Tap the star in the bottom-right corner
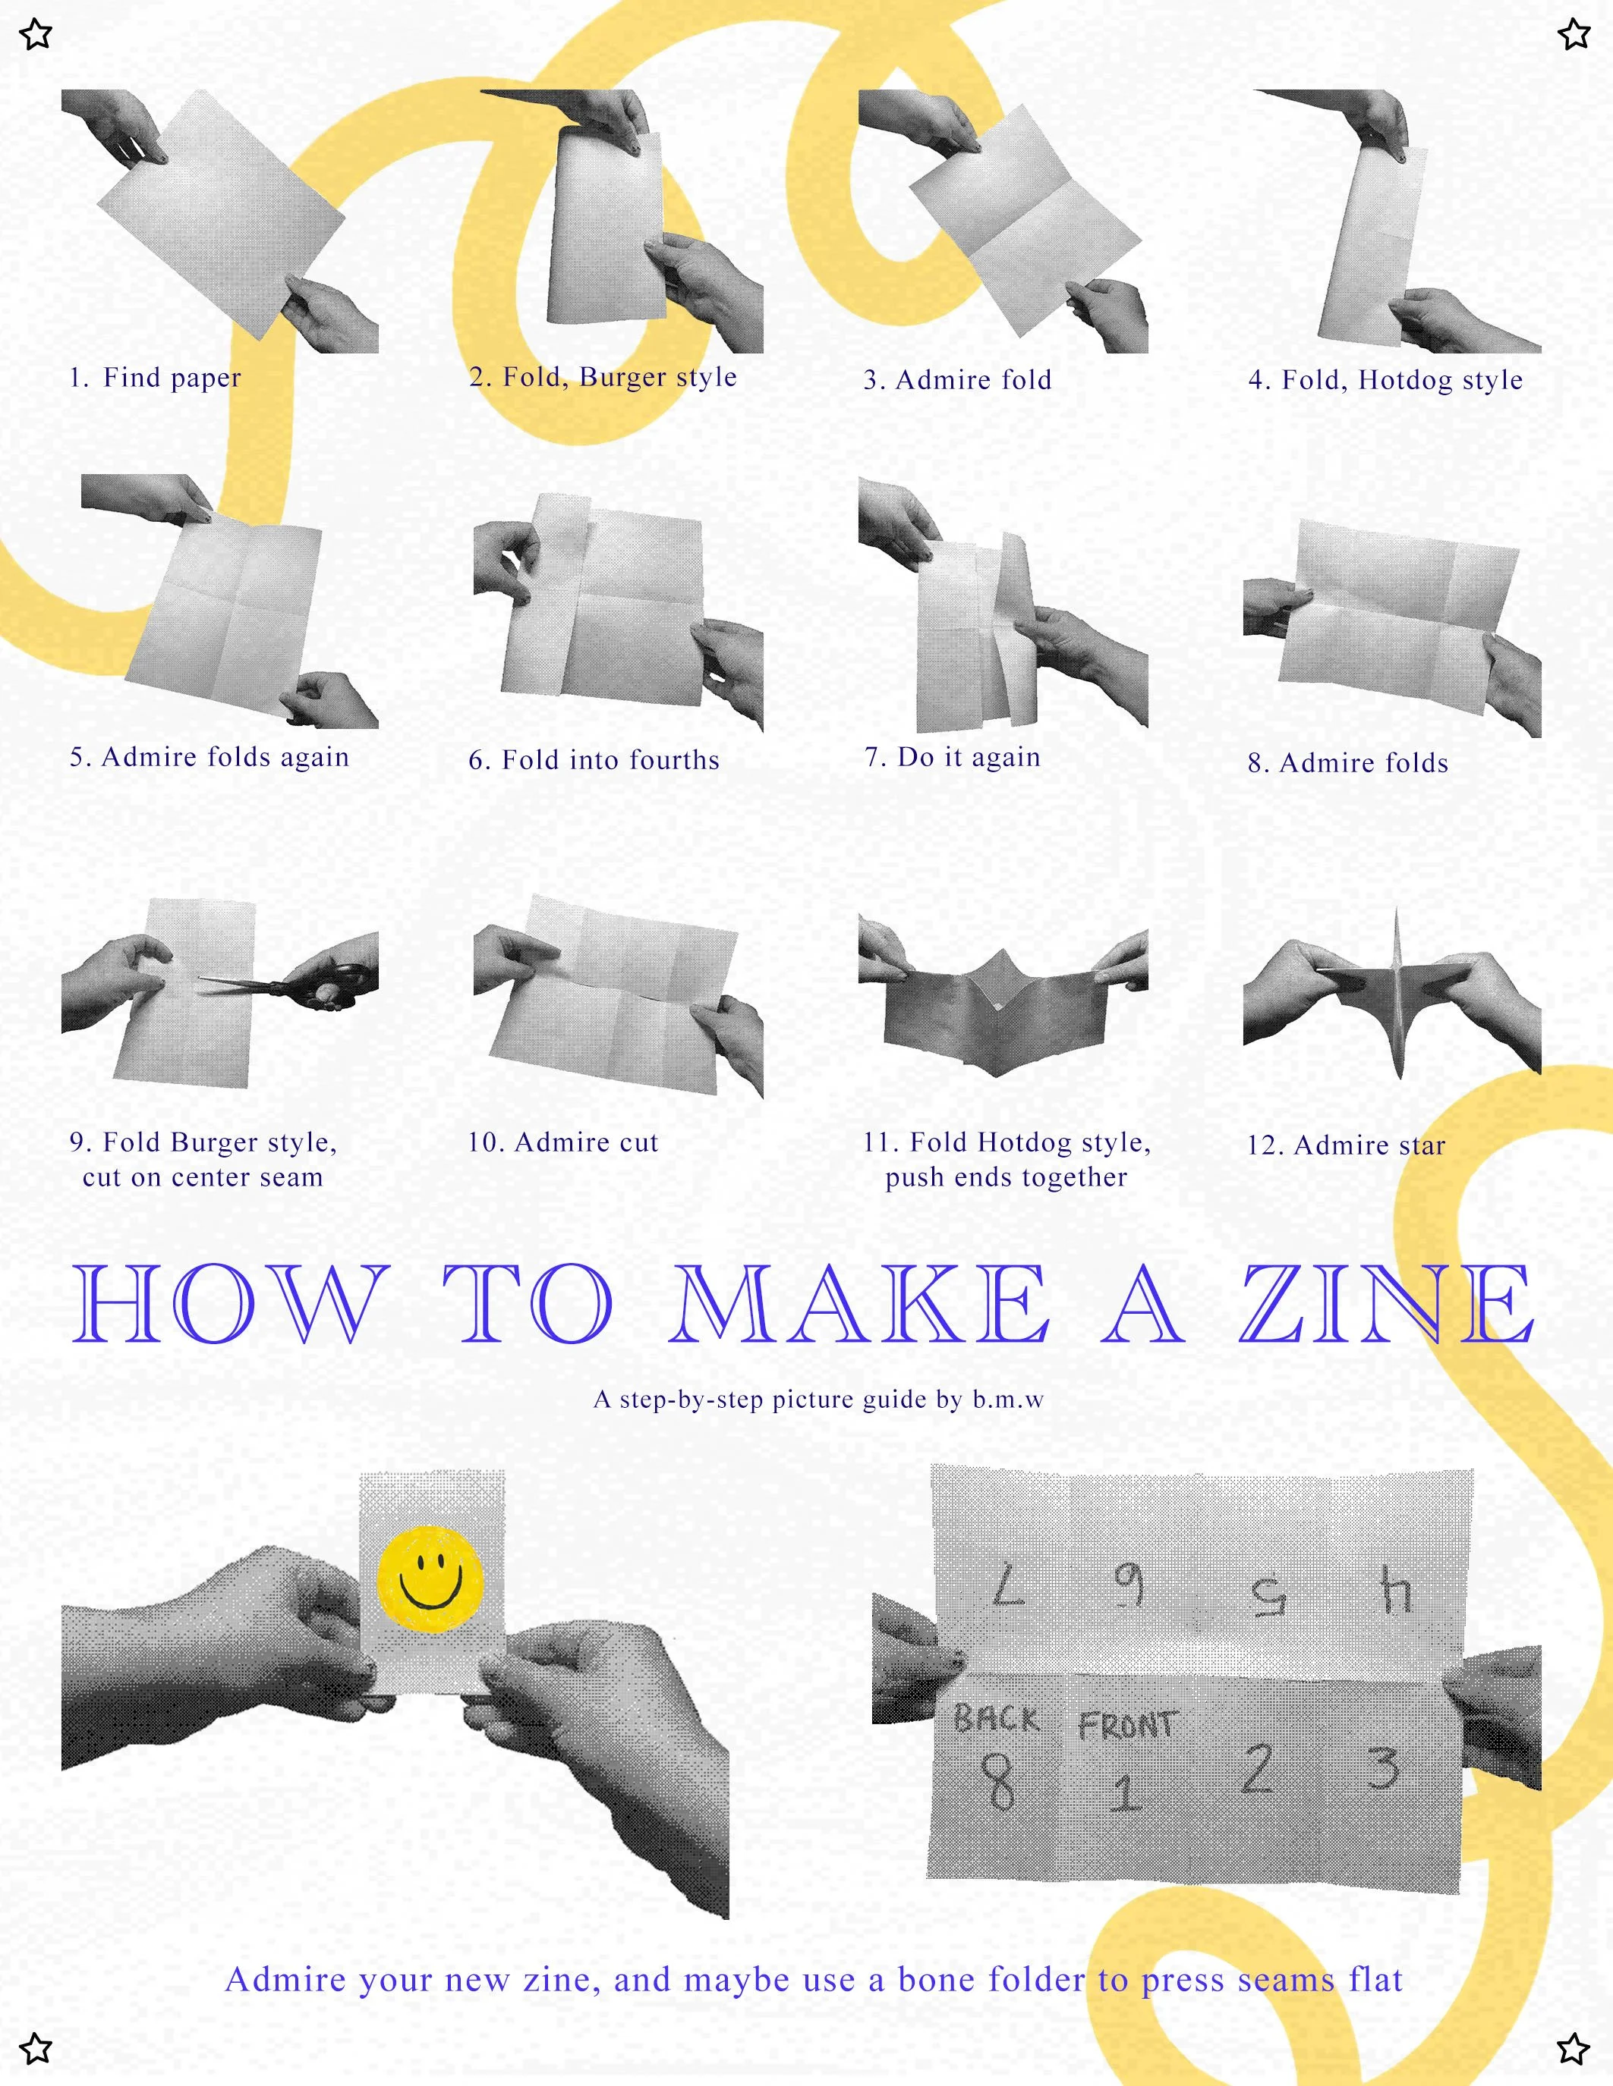(x=1574, y=2049)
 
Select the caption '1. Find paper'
(x=155, y=379)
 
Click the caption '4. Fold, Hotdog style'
(x=1385, y=380)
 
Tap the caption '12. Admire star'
(x=1346, y=1145)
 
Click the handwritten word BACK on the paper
(x=997, y=1719)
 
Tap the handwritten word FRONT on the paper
(x=1127, y=1725)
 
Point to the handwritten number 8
(x=997, y=1780)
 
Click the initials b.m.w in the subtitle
(x=1008, y=1400)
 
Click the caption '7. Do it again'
(x=952, y=758)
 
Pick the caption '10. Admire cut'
(x=562, y=1142)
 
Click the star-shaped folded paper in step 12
(x=1396, y=994)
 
